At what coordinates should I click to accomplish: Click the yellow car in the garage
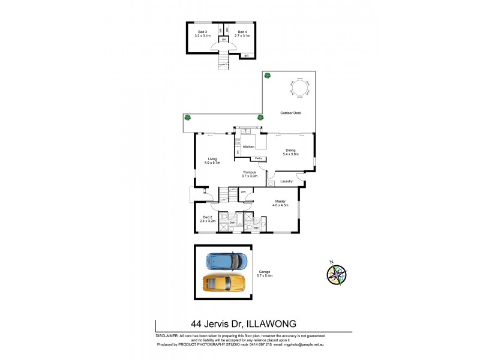tap(226, 282)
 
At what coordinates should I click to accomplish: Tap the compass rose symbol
tap(337, 274)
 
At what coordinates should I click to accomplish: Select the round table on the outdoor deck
tap(300, 89)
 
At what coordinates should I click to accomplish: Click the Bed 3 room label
tap(202, 34)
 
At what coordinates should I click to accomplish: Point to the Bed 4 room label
tap(242, 34)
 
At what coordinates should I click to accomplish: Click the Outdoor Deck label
tap(290, 113)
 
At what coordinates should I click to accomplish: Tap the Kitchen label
tap(249, 147)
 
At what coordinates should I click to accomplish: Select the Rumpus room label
tap(250, 174)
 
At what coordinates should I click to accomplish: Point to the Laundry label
tap(286, 181)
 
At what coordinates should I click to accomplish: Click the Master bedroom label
tap(281, 203)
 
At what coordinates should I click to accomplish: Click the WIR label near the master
tap(243, 192)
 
